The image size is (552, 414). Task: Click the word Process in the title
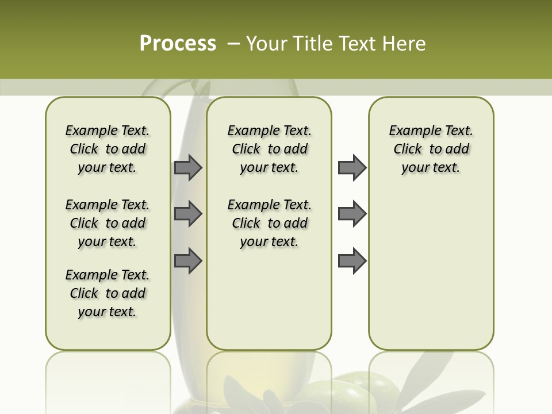click(x=178, y=43)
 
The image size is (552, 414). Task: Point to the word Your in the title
click(x=269, y=43)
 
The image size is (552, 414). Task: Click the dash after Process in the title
click(x=233, y=44)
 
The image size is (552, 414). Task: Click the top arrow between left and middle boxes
click(x=188, y=168)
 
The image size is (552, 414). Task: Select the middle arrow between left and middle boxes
click(x=188, y=214)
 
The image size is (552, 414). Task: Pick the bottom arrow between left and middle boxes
click(x=188, y=261)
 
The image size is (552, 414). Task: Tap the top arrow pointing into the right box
click(x=352, y=168)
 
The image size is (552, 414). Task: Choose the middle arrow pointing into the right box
click(x=352, y=214)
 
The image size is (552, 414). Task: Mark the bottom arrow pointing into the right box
click(x=352, y=261)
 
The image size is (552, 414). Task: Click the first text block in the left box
click(x=108, y=149)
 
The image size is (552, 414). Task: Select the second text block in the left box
click(x=108, y=223)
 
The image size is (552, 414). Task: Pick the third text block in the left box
click(x=108, y=293)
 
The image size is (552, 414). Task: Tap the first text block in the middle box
click(x=269, y=149)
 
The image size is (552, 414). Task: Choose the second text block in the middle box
click(x=269, y=223)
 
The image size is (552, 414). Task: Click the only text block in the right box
click(x=431, y=149)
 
